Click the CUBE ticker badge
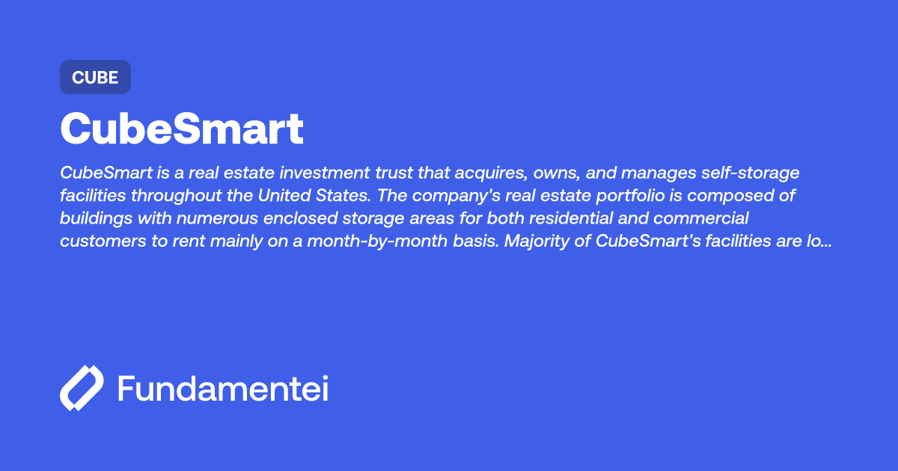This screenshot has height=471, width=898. click(x=95, y=77)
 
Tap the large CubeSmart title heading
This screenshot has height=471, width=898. click(x=182, y=129)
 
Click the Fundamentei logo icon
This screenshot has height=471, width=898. click(x=81, y=388)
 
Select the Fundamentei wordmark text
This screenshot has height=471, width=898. click(x=223, y=389)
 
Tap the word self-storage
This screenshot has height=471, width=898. click(x=753, y=173)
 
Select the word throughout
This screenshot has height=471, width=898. click(x=177, y=196)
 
